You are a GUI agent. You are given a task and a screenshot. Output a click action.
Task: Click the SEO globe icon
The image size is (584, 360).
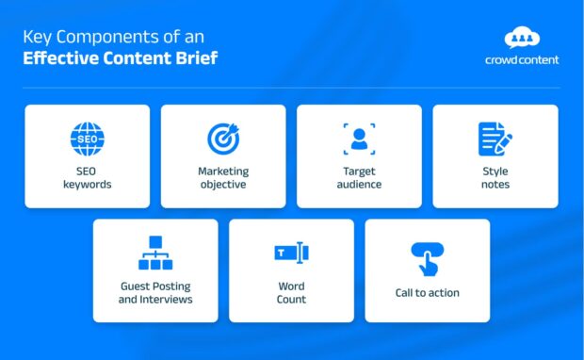point(87,139)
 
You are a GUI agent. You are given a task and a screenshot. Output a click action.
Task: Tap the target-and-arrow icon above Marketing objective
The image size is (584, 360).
point(223,139)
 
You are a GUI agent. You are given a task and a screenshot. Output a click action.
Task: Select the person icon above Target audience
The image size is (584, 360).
point(359,139)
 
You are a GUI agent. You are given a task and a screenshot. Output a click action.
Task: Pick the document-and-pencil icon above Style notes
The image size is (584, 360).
point(495,139)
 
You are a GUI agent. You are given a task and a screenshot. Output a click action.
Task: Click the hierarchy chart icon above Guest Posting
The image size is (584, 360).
point(155,254)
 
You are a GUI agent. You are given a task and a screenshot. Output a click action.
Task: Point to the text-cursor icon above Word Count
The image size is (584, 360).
point(291,253)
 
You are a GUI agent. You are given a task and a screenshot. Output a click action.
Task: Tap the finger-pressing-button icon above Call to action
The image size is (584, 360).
point(427,258)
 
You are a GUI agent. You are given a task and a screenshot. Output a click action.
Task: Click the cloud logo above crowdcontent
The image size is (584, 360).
point(522,38)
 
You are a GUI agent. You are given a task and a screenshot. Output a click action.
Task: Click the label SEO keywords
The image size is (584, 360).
point(87,178)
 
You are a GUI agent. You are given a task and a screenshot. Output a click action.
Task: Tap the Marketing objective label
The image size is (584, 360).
point(223,178)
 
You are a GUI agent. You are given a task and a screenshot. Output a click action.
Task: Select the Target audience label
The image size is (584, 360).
point(359,178)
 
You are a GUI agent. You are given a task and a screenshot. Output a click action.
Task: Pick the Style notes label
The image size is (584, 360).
point(495,178)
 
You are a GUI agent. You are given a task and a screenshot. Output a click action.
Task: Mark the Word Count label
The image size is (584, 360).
point(291,292)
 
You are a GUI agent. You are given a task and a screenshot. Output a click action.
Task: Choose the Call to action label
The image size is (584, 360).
point(427,293)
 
